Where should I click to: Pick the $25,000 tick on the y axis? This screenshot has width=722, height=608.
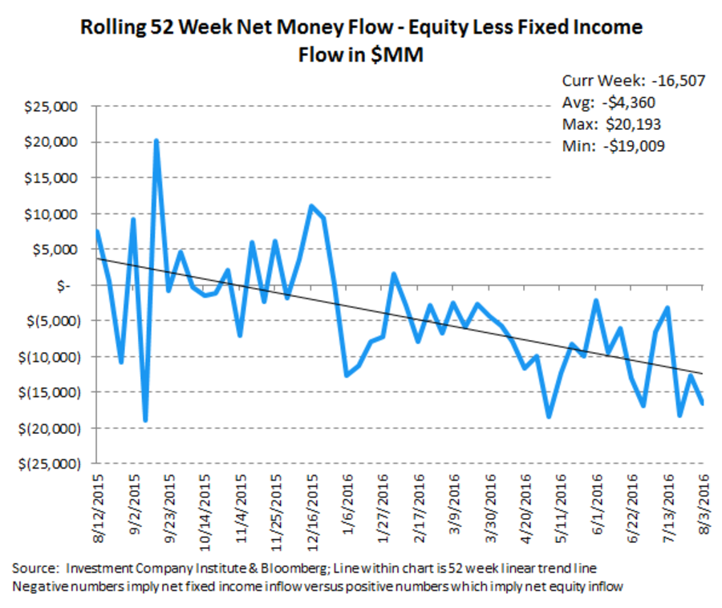(57, 107)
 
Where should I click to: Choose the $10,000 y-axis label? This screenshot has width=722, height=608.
(57, 214)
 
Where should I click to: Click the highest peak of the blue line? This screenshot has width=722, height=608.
(157, 140)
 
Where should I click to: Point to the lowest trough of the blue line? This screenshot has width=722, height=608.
(145, 420)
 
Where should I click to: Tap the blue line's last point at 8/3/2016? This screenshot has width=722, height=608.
(704, 403)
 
